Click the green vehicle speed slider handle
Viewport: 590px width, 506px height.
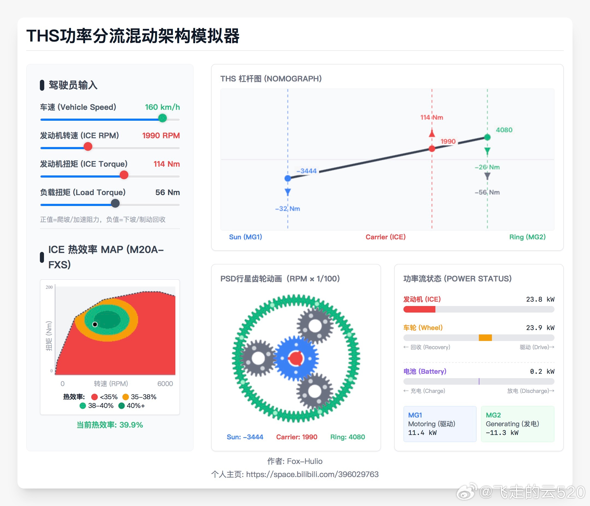[x=162, y=118]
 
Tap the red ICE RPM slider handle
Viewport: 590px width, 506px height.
[x=88, y=146]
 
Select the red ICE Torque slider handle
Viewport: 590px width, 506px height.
[x=124, y=175]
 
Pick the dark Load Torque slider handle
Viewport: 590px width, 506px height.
[x=115, y=203]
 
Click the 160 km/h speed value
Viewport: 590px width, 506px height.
[x=162, y=107]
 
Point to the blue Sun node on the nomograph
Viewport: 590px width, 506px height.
[x=288, y=178]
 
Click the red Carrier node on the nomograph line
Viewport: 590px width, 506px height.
[x=432, y=148]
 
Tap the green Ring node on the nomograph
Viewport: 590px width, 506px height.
[x=487, y=137]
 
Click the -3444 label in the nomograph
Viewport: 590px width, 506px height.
[x=306, y=171]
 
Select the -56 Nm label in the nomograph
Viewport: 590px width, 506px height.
[x=487, y=192]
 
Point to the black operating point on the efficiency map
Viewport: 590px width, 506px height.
[x=95, y=324]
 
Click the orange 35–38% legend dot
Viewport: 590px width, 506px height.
[x=126, y=397]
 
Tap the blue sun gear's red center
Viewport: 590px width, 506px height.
[x=296, y=358]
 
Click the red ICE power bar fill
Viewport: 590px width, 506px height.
[x=419, y=309]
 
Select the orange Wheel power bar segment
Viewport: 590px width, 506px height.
[x=485, y=338]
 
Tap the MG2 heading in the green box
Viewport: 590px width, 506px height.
[x=493, y=415]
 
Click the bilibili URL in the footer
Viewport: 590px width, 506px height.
[x=312, y=474]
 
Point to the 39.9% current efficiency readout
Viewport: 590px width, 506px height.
[x=110, y=425]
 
